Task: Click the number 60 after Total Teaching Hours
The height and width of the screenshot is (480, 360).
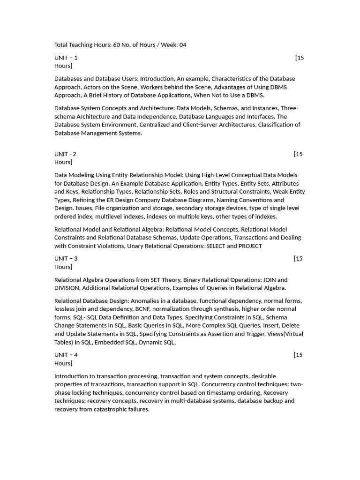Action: coord(117,45)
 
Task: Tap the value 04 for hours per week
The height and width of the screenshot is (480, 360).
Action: coord(182,45)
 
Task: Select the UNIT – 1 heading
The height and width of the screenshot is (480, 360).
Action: coord(66,58)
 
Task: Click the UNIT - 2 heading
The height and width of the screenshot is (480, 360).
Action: coord(65,154)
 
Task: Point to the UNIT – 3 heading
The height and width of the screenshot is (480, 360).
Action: coord(66,258)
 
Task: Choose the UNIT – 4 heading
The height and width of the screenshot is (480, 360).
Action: coord(66,355)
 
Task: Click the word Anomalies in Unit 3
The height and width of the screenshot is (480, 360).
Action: coord(147,301)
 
